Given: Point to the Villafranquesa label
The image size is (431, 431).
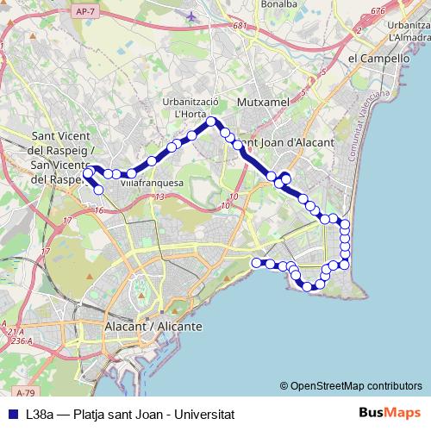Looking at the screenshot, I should click(152, 184).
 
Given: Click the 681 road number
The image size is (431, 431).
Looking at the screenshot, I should click(239, 26).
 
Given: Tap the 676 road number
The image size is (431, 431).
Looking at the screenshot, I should click(377, 11).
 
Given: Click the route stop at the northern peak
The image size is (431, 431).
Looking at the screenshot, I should click(210, 122).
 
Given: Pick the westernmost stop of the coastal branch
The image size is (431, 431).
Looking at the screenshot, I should click(256, 261).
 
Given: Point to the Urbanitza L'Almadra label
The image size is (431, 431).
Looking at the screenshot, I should click(409, 31).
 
